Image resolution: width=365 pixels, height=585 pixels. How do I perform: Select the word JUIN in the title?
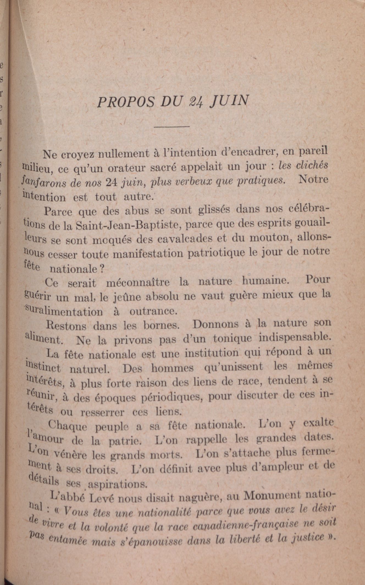pyautogui.click(x=229, y=101)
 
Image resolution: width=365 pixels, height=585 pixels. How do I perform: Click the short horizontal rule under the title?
pyautogui.click(x=172, y=127)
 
